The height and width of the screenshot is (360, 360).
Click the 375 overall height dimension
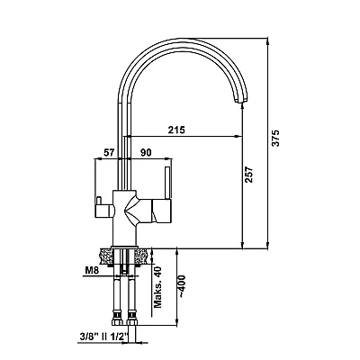[275, 138]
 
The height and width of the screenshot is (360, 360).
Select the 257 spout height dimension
[249, 175]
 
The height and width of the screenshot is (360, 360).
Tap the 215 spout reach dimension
[176, 130]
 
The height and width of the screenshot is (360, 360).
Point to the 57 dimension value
[109, 153]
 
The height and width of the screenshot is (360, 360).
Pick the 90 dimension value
[146, 153]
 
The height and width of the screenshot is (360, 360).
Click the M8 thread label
[92, 270]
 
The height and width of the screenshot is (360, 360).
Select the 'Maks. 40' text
[157, 287]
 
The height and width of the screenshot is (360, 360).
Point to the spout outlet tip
[240, 101]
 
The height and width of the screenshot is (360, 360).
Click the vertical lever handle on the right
[168, 183]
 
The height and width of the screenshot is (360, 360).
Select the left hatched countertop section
[105, 256]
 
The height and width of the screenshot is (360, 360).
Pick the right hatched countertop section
[140, 256]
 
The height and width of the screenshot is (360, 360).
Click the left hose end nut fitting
[117, 319]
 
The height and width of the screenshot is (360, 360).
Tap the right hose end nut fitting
[131, 319]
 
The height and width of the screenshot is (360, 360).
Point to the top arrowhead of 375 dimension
[267, 42]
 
